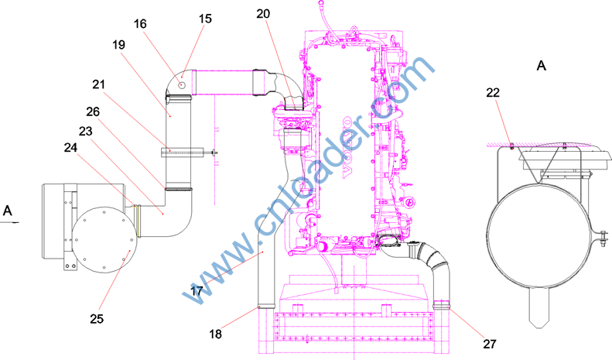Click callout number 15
pyautogui.click(x=205, y=19)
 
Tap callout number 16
pyautogui.click(x=140, y=24)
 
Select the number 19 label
pyautogui.click(x=119, y=45)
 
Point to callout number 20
pyautogui.click(x=263, y=14)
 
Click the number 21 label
pyautogui.click(x=99, y=84)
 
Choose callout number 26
pyautogui.click(x=93, y=112)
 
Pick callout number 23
pyautogui.click(x=85, y=131)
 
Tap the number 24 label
pyautogui.click(x=70, y=148)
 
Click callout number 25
pyautogui.click(x=97, y=319)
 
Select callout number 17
pyautogui.click(x=197, y=291)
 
